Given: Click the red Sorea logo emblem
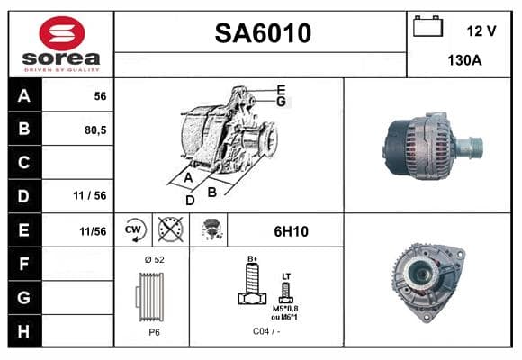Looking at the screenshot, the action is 62,33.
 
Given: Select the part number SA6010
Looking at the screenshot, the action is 263,33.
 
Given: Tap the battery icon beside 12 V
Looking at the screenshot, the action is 427,26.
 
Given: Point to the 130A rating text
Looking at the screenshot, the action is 464,60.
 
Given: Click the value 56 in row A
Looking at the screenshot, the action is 100,96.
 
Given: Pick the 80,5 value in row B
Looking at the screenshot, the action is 95,130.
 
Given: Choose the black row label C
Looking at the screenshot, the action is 24,162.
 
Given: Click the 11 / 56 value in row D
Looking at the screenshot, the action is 90,195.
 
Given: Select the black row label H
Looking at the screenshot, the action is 24,331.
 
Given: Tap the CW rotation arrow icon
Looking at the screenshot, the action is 135,229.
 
